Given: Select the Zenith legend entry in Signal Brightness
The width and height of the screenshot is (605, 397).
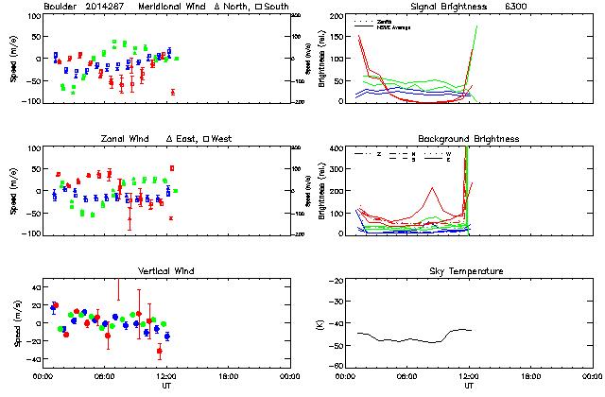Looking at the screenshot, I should (x=386, y=20).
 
